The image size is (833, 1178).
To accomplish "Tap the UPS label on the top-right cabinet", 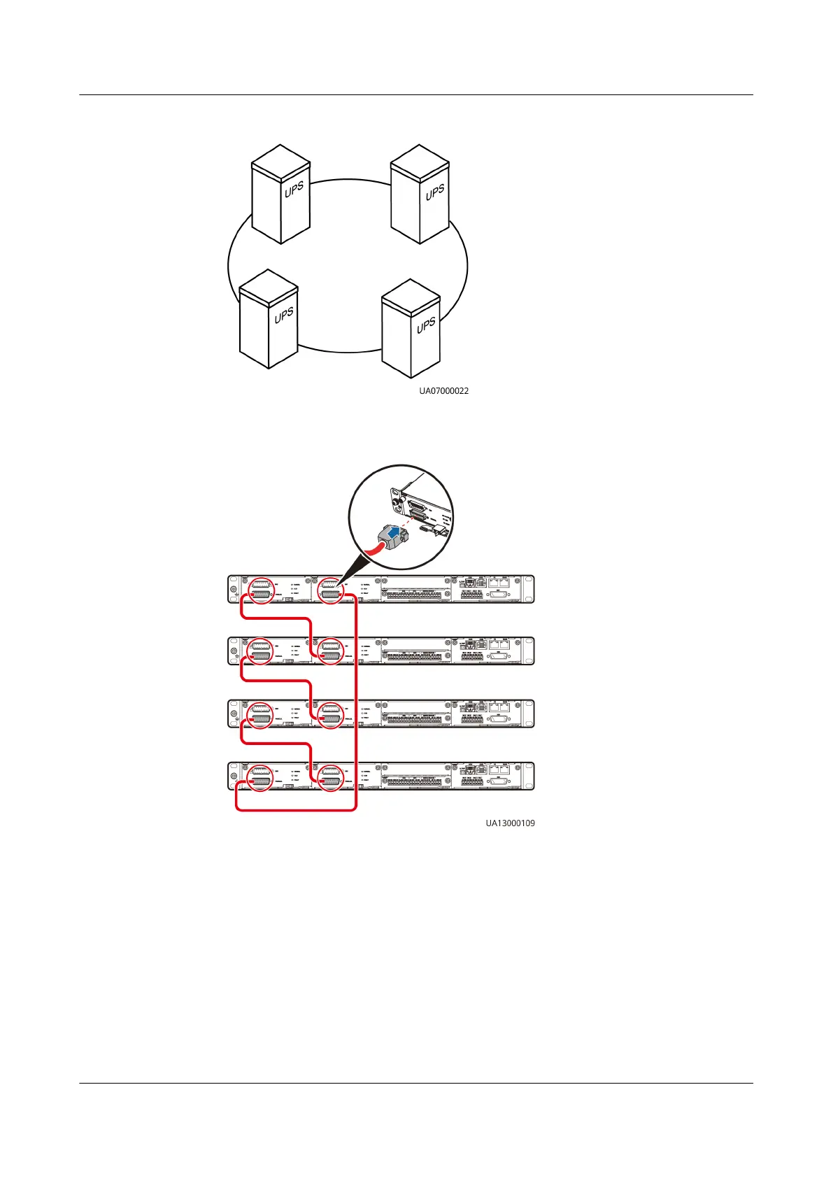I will (435, 192).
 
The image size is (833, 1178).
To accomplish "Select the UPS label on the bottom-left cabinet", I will (283, 315).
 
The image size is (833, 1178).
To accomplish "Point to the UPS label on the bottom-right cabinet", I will (426, 325).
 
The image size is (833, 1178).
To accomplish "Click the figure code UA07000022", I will (444, 391).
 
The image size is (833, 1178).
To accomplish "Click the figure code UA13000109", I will (511, 823).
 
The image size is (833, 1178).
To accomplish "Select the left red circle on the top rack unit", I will (260, 590).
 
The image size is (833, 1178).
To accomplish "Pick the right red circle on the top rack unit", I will (330, 590).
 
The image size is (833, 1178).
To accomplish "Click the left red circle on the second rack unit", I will (260, 651).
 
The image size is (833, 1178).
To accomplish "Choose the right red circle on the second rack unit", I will (330, 651).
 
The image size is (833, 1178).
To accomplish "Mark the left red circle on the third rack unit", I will (260, 714).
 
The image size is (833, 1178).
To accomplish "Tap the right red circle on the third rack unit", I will (330, 714).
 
